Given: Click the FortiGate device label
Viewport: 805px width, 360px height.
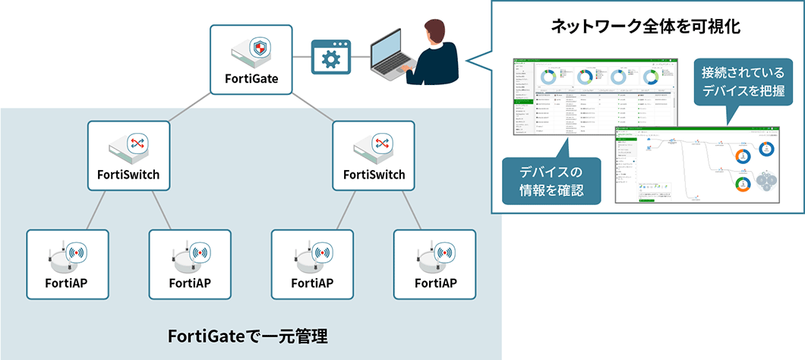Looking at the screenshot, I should (251, 78).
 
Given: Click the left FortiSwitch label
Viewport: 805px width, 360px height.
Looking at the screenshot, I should (128, 175).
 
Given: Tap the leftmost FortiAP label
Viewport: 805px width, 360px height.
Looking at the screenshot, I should (68, 283).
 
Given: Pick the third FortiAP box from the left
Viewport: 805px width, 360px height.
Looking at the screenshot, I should (312, 264).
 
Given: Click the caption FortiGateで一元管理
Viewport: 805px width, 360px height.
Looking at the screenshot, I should (247, 334).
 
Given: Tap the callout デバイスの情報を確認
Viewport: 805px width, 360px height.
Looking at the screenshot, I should (551, 182).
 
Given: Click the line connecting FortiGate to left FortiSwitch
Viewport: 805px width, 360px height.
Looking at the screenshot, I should (189, 108).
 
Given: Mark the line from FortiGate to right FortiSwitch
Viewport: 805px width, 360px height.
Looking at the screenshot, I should (313, 108).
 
